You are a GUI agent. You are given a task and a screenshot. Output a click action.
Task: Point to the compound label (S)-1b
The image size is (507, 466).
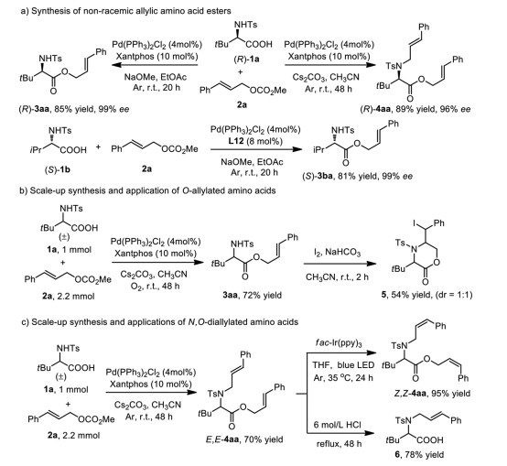click(57, 169)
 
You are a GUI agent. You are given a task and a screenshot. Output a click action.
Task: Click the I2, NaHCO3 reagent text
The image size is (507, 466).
click(338, 253)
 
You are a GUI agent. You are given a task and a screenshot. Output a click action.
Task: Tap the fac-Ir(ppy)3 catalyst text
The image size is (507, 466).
click(339, 342)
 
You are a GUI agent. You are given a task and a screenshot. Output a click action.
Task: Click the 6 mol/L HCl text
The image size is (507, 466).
click(338, 424)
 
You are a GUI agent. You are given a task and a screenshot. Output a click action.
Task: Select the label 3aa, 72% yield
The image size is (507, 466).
click(252, 295)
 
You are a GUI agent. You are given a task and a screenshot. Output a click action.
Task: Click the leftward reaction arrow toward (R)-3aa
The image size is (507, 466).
click(155, 65)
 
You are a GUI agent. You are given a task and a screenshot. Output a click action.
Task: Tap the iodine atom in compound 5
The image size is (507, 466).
click(415, 223)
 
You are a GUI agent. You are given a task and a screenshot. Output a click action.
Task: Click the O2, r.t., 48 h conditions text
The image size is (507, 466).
click(156, 287)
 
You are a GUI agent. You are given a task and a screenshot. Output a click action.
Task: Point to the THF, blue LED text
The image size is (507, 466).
click(343, 365)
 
